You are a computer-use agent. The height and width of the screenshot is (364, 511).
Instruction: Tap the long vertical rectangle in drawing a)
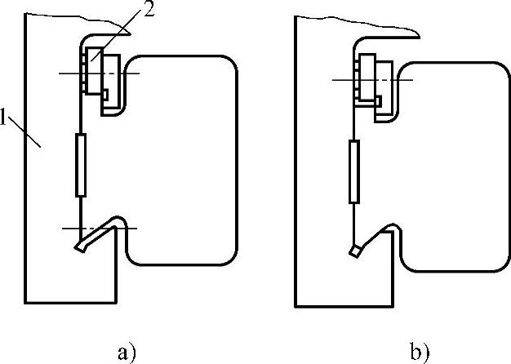tap(80, 166)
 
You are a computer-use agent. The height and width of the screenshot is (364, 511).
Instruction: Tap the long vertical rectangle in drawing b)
tap(353, 172)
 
